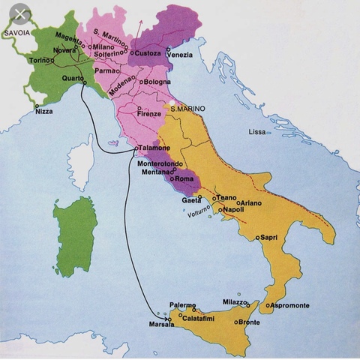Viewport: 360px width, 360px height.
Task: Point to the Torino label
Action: click(x=39, y=59)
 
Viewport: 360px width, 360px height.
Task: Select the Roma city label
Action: click(x=184, y=181)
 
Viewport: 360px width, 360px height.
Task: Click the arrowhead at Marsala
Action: click(x=166, y=316)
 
